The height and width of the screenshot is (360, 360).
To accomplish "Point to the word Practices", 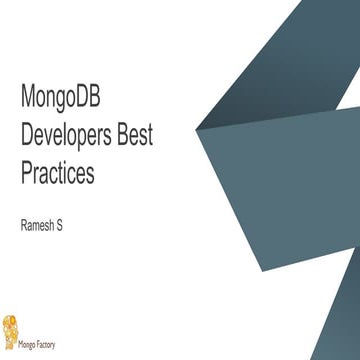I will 57,173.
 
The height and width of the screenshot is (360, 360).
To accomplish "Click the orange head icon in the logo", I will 11,328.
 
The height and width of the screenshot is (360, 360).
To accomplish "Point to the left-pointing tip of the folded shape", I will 197,128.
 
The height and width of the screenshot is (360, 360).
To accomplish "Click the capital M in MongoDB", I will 28,98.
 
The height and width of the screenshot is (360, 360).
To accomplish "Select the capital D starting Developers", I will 27,136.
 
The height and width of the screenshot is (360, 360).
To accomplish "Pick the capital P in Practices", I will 26,173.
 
